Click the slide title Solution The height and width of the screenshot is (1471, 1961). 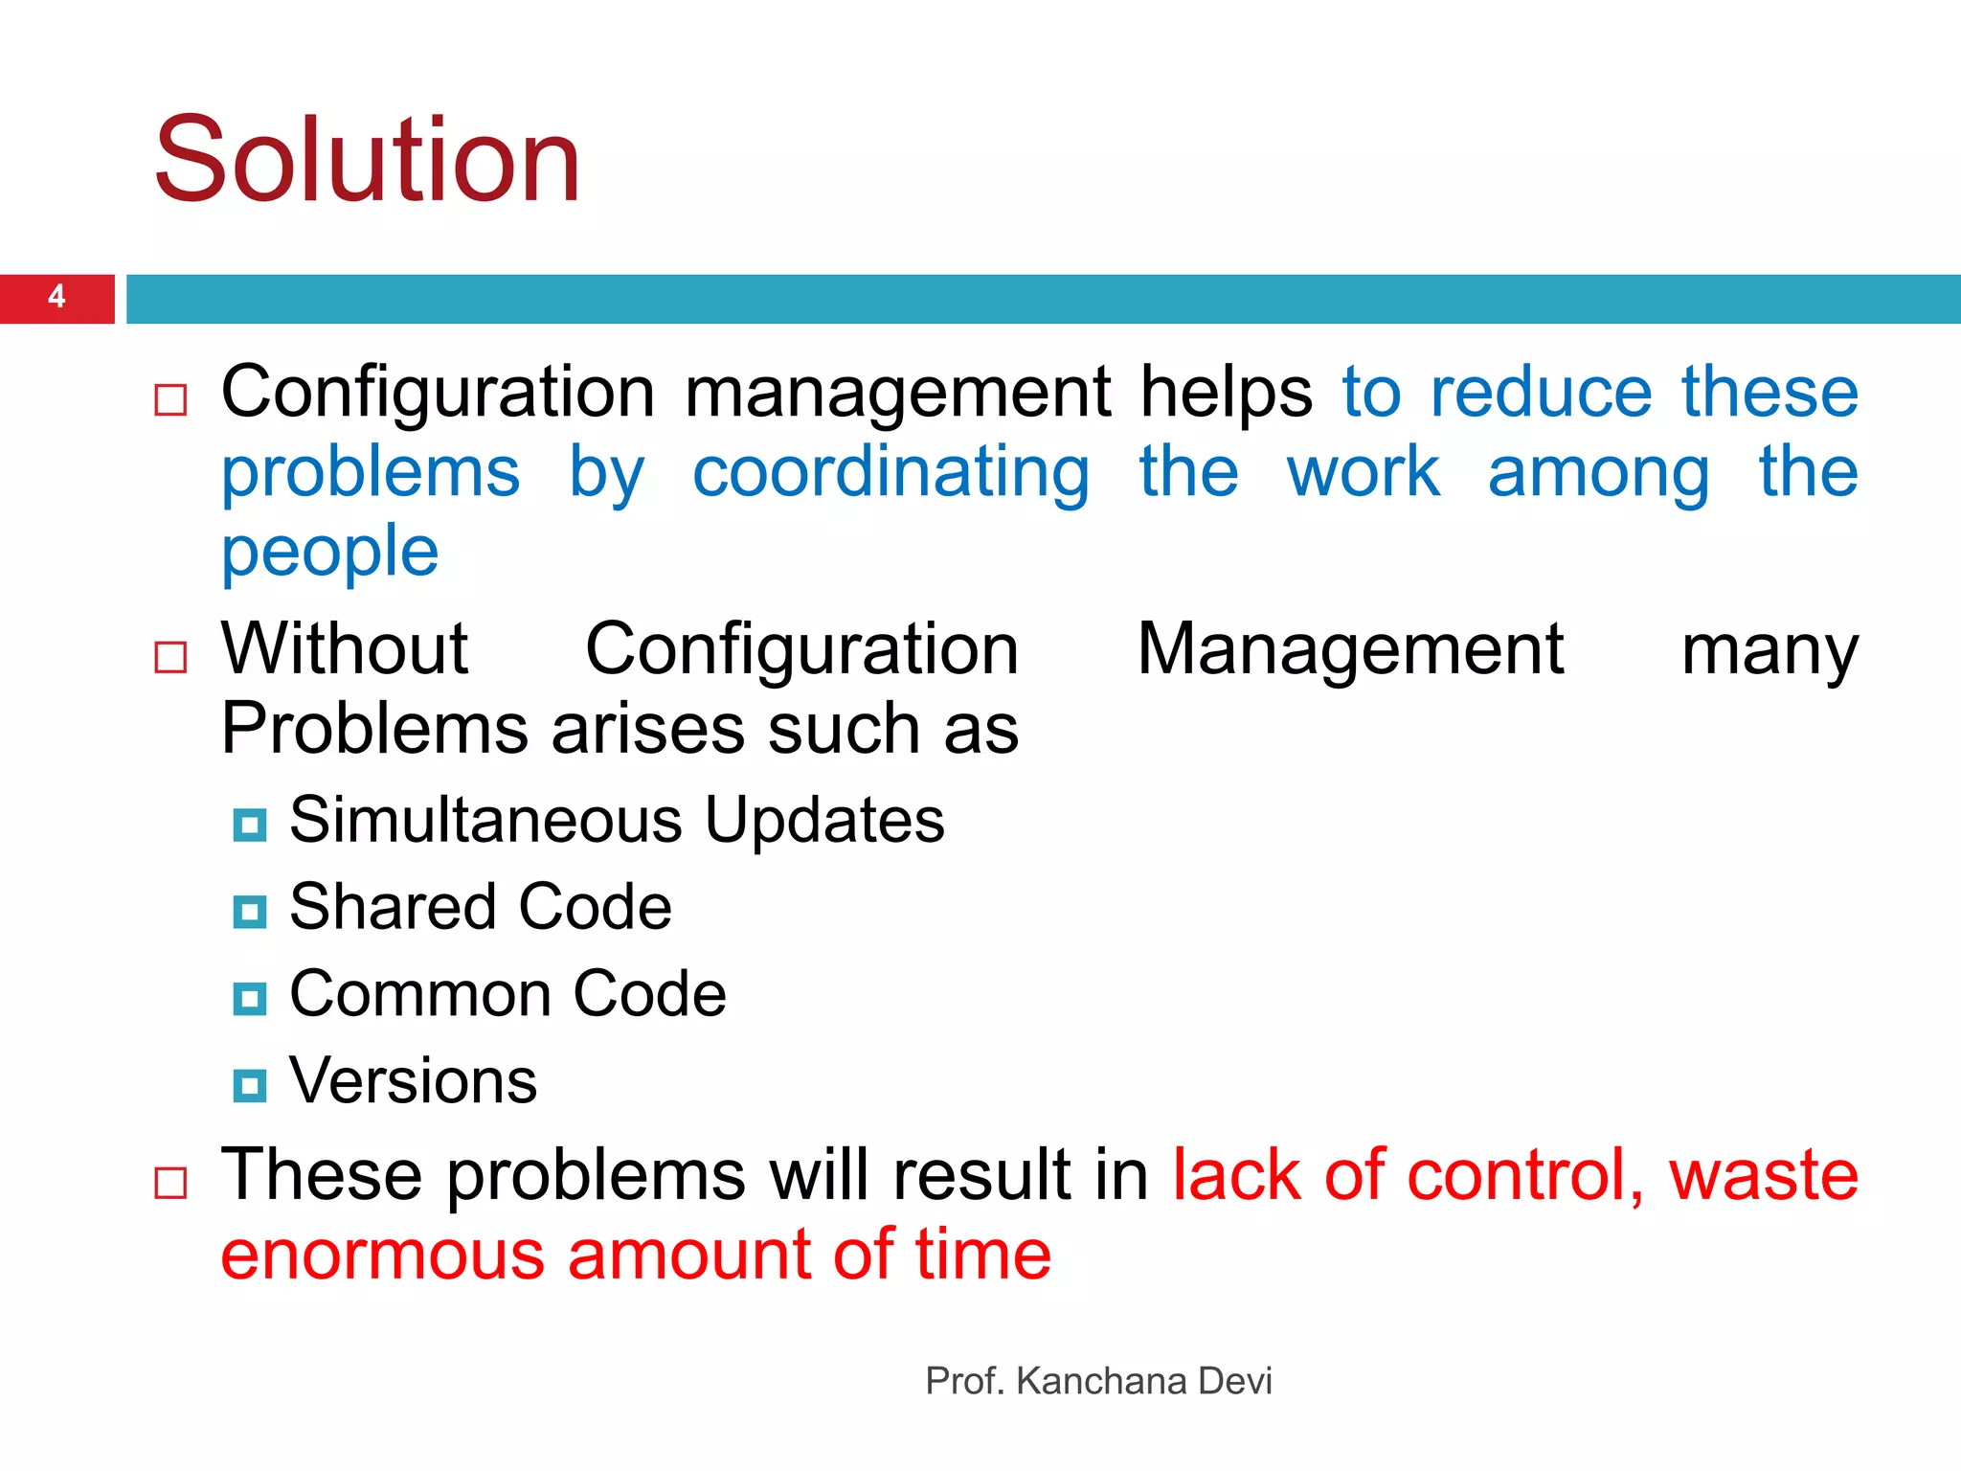[x=368, y=160]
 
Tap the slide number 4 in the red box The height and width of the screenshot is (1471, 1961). [x=56, y=297]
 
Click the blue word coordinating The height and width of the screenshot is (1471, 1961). [x=890, y=473]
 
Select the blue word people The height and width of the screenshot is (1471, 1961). [x=329, y=554]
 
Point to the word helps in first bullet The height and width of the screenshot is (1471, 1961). [x=1226, y=393]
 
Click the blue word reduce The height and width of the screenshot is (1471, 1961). [x=1541, y=393]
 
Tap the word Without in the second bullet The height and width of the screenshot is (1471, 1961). [x=345, y=649]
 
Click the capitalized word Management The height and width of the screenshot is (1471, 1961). [x=1350, y=649]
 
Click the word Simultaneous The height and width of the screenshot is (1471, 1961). [x=485, y=821]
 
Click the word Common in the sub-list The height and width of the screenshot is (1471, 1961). [x=419, y=994]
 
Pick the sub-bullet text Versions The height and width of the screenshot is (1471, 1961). [x=413, y=1081]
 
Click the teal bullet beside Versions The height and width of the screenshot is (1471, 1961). [x=250, y=1086]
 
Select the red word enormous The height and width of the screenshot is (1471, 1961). [x=382, y=1256]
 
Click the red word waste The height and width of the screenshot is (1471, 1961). [x=1763, y=1176]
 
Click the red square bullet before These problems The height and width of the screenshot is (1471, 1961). [x=171, y=1184]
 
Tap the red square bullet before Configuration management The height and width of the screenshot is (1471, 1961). [x=171, y=399]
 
